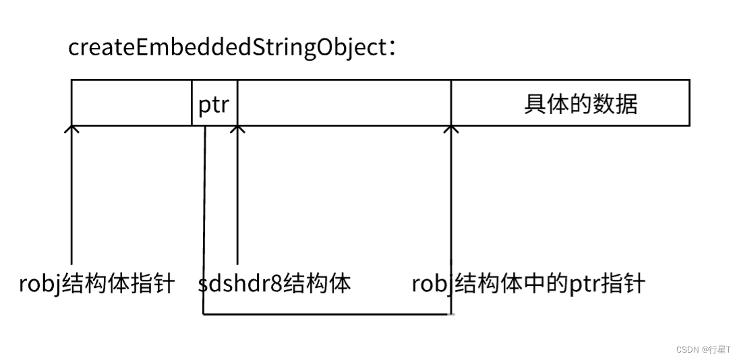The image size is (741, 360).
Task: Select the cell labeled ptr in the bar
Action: pos(214,104)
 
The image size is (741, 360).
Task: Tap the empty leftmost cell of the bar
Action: pos(131,102)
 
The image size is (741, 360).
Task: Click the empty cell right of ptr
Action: pos(344,102)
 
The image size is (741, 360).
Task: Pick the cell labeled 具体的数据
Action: pos(580,103)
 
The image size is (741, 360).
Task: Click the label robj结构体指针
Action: pos(96,284)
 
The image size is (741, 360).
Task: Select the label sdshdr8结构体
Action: pos(274,284)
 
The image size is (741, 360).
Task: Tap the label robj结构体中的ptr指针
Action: pos(528,284)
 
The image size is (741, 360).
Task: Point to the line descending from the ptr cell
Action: pos(204,202)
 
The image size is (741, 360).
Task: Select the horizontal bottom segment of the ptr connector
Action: pos(327,313)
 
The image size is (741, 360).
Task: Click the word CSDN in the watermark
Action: pos(686,349)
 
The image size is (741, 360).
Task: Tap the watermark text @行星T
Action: pos(715,349)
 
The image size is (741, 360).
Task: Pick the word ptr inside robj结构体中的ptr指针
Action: pos(582,284)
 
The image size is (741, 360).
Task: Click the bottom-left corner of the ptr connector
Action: pos(203,313)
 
